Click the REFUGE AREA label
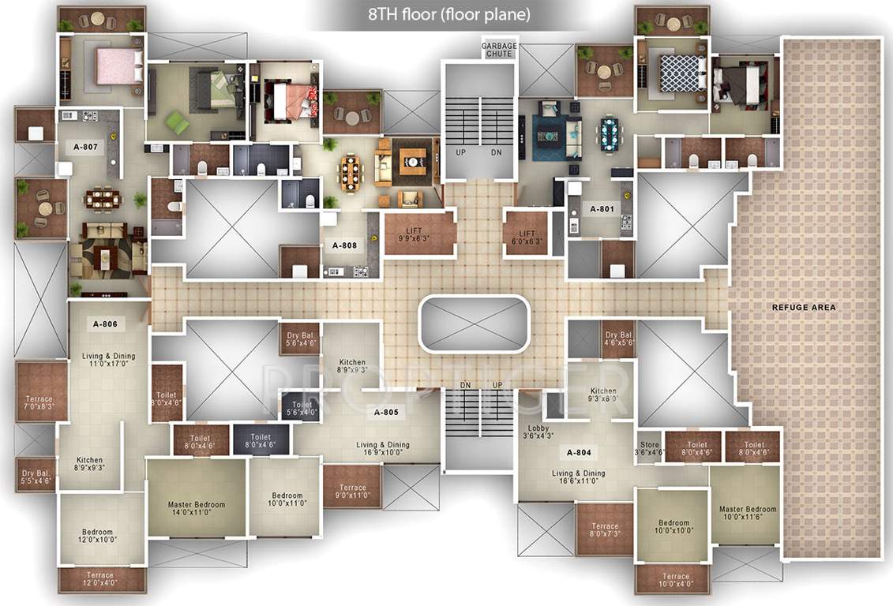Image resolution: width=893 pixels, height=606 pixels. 804,307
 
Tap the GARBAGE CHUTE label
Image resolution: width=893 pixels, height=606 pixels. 499,50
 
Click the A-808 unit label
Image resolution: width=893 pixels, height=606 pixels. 344,245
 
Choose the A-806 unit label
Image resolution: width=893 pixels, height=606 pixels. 105,324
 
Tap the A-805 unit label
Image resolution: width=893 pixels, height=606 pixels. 386,413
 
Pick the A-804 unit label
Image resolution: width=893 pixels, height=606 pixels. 579,453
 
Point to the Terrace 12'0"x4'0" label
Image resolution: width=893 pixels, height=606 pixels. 99,579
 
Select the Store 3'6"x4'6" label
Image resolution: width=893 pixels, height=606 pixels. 650,449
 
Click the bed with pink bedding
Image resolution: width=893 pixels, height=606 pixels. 115,66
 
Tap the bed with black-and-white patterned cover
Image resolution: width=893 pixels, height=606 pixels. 680,73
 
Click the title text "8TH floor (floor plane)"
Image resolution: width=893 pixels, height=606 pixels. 449,15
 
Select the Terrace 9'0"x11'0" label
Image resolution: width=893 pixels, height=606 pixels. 351,492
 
